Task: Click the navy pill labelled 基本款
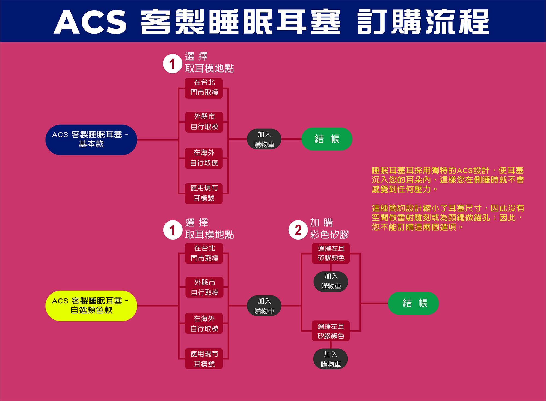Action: tap(91, 140)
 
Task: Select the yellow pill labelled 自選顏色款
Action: tap(91, 306)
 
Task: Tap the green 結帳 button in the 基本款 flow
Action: tap(327, 139)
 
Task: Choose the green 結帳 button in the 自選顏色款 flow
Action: tap(413, 303)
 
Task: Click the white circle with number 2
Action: tap(298, 230)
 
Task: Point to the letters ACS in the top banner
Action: tap(90, 22)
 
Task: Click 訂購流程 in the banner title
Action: tap(423, 22)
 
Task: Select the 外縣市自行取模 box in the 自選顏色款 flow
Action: tap(204, 287)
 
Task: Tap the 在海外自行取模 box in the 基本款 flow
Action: tap(204, 158)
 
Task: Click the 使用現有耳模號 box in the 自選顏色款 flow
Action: tap(204, 358)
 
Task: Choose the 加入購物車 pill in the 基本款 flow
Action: tap(264, 139)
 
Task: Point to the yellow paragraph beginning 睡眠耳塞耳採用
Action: tap(448, 180)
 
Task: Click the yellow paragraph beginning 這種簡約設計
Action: tap(448, 217)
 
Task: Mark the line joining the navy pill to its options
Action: tap(158, 140)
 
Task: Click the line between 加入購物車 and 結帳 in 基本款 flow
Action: tap(291, 139)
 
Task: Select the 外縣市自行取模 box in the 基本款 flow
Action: tap(204, 122)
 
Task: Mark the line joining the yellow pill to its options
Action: tap(158, 306)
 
